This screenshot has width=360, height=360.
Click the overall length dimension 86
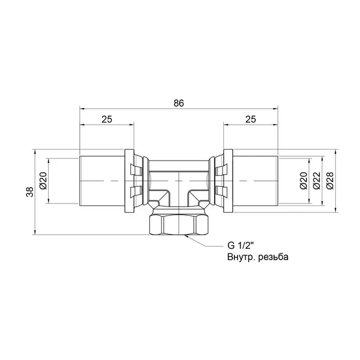coord(178,103)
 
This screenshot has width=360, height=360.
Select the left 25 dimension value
coord(107,119)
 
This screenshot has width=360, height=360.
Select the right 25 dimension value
coord(250,119)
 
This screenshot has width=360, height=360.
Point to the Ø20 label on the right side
coord(304,181)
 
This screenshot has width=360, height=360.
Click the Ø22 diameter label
coord(316,181)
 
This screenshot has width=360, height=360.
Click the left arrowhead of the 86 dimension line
coord(82,108)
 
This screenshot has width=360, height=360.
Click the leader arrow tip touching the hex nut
coord(186,237)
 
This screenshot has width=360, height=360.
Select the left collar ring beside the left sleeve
coord(129,181)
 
